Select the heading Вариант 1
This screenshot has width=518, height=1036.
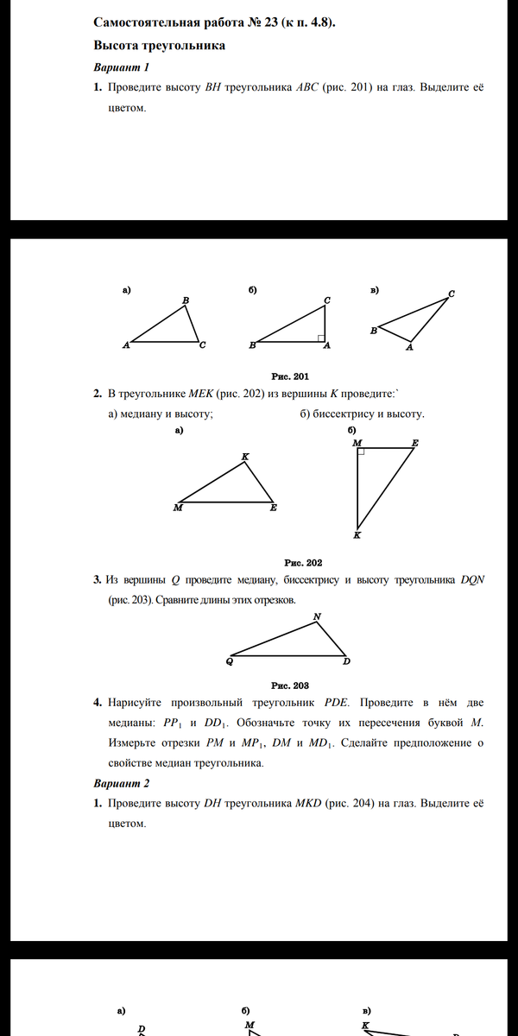tap(122, 67)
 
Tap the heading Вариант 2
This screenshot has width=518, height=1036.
tap(122, 784)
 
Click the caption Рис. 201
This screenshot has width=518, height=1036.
tap(290, 376)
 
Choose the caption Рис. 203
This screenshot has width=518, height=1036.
tap(290, 685)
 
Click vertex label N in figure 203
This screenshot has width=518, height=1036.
tap(317, 616)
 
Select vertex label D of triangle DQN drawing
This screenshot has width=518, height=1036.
tap(346, 662)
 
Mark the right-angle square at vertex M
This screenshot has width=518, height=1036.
tap(361, 452)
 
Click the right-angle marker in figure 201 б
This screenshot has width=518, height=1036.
tap(320, 338)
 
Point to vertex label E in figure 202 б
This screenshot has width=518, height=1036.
tap(415, 443)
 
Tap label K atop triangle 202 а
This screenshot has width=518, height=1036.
tap(245, 456)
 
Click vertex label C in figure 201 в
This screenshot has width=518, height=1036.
tap(452, 294)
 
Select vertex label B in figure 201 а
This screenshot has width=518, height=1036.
tap(186, 300)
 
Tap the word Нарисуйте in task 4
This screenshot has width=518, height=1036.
tap(142, 703)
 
